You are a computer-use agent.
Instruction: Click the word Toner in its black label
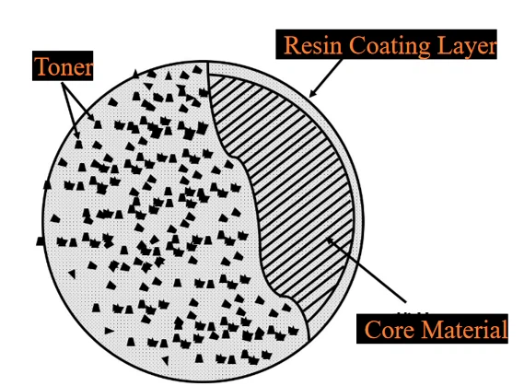64,66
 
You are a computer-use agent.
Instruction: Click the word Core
390,330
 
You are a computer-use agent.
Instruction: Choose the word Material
464,329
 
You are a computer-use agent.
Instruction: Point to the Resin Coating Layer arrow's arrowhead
313,93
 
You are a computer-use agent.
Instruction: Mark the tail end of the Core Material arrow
407,302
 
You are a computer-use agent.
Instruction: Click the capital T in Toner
41,66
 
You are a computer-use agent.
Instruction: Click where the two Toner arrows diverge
62,82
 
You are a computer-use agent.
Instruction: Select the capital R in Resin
292,45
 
